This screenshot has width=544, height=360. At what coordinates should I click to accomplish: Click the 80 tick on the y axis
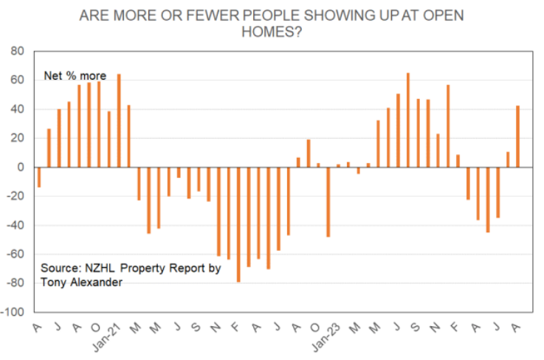17,52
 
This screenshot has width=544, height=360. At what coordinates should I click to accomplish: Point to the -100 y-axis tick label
13,312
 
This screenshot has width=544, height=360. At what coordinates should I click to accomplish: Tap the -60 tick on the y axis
16,255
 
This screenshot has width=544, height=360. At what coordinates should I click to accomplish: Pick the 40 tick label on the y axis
17,109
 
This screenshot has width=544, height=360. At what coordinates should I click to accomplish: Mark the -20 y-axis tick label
16,196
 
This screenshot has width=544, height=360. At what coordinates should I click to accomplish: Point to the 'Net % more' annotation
75,76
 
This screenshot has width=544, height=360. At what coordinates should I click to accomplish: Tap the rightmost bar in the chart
517,136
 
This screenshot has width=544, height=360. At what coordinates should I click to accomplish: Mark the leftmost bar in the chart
39,177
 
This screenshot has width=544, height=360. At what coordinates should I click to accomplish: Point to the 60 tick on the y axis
17,80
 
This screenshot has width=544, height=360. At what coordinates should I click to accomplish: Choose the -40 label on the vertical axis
16,225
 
